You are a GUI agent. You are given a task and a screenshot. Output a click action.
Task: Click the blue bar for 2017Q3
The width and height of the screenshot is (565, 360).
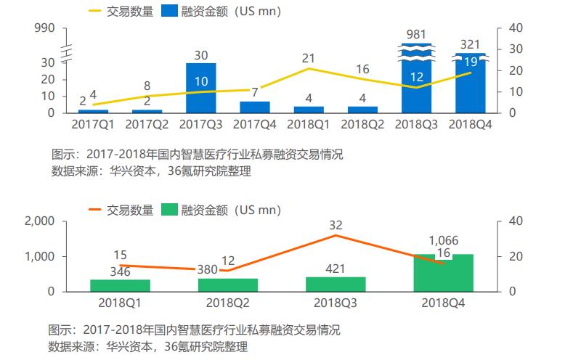click(x=200, y=89)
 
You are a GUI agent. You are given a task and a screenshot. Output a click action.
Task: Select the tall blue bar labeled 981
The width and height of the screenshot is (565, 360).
click(x=416, y=78)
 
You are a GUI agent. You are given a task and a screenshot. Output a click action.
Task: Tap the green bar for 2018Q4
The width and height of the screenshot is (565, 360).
click(x=443, y=273)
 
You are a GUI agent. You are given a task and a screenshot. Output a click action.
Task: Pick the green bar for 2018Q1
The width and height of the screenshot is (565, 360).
click(x=120, y=285)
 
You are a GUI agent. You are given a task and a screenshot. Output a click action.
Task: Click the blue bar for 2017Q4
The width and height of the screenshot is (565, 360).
click(x=255, y=107)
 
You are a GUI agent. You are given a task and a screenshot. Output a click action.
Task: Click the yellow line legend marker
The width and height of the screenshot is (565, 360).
click(x=94, y=11)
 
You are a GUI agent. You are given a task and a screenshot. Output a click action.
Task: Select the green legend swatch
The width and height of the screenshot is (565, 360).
click(x=169, y=210)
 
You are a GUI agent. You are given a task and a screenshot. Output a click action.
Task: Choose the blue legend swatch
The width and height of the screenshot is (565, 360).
click(x=169, y=11)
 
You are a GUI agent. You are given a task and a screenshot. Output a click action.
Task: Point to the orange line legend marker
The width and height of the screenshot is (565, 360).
click(x=94, y=210)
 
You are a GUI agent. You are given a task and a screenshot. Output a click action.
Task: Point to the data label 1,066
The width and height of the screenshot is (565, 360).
click(x=443, y=240)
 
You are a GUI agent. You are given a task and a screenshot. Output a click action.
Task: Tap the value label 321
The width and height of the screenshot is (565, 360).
click(x=470, y=45)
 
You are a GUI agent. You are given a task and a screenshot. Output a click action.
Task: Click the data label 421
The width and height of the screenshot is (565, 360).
click(x=335, y=269)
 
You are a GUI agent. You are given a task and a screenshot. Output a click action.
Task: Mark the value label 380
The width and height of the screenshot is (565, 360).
click(x=207, y=270)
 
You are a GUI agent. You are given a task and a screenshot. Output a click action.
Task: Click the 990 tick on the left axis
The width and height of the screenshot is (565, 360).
click(x=44, y=28)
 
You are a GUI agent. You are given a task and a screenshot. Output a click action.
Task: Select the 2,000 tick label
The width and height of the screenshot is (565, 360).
click(x=39, y=221)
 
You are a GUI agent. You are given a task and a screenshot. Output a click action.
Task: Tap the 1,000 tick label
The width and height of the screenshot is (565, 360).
click(x=39, y=257)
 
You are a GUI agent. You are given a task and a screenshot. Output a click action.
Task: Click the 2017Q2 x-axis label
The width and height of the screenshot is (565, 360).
click(x=147, y=124)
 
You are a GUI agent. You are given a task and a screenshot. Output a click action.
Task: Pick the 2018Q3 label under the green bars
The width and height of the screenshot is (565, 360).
click(x=335, y=303)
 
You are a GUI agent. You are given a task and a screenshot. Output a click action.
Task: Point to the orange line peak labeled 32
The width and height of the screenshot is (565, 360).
click(x=336, y=235)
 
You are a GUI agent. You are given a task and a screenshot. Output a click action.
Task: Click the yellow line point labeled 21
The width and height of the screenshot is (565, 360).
click(x=309, y=68)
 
